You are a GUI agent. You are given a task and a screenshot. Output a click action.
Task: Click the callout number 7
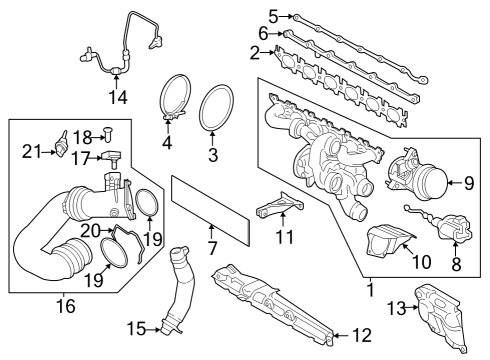click(x=211, y=246)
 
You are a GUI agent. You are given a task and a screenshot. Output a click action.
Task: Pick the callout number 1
click(x=372, y=291)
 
